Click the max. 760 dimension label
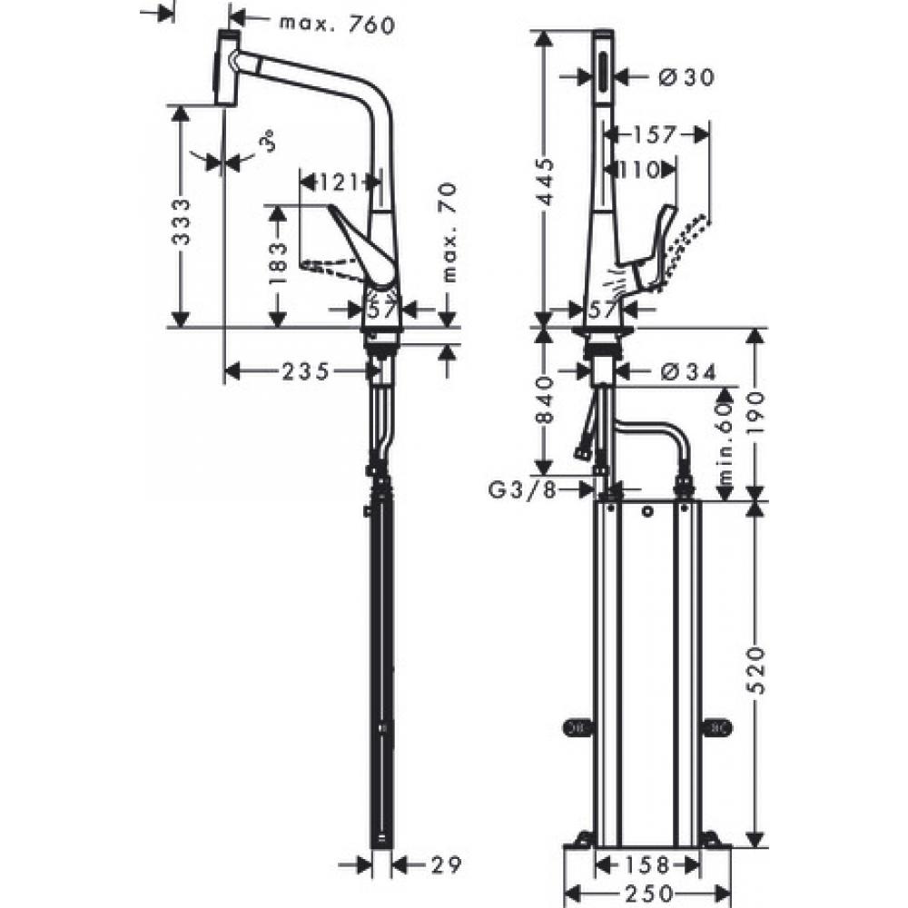pyautogui.click(x=337, y=25)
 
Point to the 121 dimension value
pyautogui.click(x=338, y=183)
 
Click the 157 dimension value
pyautogui.click(x=655, y=134)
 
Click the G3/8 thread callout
pyautogui.click(x=521, y=490)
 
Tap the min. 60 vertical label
pyautogui.click(x=724, y=445)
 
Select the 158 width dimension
pyautogui.click(x=647, y=863)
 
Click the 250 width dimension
pyautogui.click(x=647, y=893)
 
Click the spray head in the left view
pyautogui.click(x=226, y=70)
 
